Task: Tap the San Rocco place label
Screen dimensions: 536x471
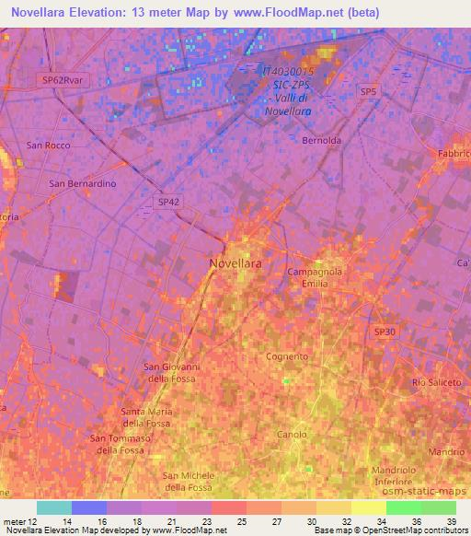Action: click(x=49, y=146)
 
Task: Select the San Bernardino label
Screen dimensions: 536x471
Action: click(x=82, y=183)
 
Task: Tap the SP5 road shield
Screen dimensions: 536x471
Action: click(x=369, y=91)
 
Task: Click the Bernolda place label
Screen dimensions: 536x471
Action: click(x=322, y=141)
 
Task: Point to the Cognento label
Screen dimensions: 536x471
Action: click(x=286, y=355)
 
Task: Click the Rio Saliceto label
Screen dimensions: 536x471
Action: click(x=436, y=381)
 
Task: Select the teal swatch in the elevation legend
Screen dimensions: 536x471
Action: click(x=54, y=507)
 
